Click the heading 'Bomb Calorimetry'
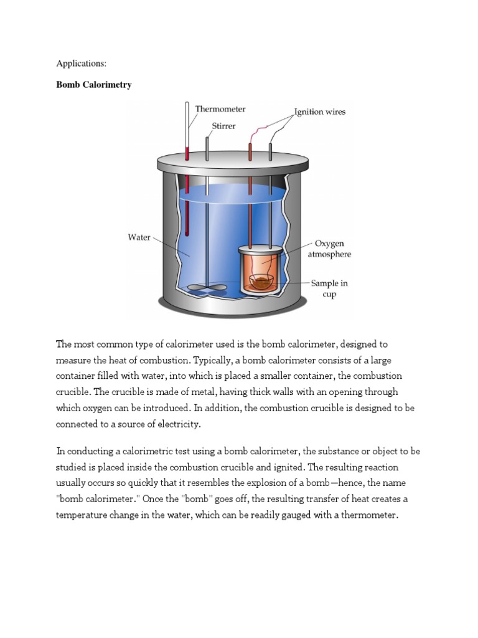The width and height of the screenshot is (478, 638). [x=94, y=85]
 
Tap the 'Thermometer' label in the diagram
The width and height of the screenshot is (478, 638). [x=220, y=109]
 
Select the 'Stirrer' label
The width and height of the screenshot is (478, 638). [x=223, y=125]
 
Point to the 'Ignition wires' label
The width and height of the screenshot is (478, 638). [x=320, y=112]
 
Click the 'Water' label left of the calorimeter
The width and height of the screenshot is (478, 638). [x=139, y=237]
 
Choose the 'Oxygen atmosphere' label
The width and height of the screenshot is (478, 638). [x=329, y=249]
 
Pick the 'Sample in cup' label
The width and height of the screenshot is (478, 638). [x=329, y=288]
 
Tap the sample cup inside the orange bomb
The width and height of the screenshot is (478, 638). [x=262, y=283]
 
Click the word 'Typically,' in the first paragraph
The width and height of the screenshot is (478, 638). [x=214, y=360]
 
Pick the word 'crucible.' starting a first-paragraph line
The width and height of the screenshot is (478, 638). [x=74, y=392]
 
